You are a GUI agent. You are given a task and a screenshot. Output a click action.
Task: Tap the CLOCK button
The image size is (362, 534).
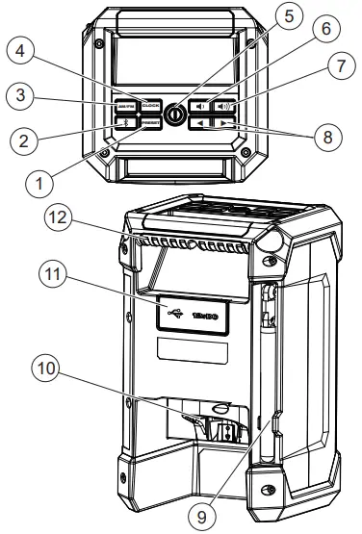[x=149, y=106]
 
